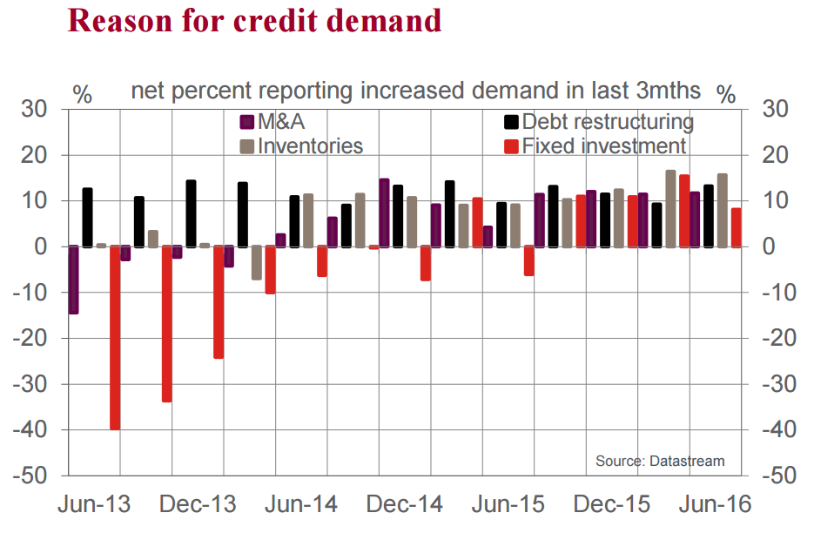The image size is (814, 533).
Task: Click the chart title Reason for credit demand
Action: (254, 21)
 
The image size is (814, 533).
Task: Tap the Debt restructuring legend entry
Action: (607, 122)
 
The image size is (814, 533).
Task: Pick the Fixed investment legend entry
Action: (603, 145)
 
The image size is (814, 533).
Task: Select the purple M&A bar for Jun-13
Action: (74, 280)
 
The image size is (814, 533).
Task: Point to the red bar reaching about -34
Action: (166, 324)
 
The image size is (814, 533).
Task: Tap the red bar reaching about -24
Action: (218, 302)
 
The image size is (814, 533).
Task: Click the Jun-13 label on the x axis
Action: (94, 504)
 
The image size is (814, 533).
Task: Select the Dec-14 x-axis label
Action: (404, 504)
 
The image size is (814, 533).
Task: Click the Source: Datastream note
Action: (659, 461)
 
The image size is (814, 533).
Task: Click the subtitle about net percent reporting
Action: (416, 91)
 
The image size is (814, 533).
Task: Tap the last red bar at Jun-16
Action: (736, 228)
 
